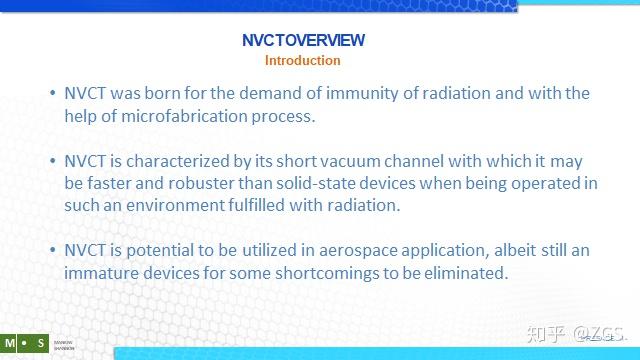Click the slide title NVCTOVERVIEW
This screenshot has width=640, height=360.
[x=303, y=41]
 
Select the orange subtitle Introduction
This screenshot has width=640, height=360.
[x=302, y=60]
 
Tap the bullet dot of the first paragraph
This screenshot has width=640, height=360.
[x=53, y=94]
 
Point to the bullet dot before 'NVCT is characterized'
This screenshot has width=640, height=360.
[x=53, y=161]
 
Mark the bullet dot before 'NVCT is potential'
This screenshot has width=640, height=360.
[x=53, y=250]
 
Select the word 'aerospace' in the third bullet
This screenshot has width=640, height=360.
[x=326, y=250]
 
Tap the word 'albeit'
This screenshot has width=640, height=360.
[x=491, y=250]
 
